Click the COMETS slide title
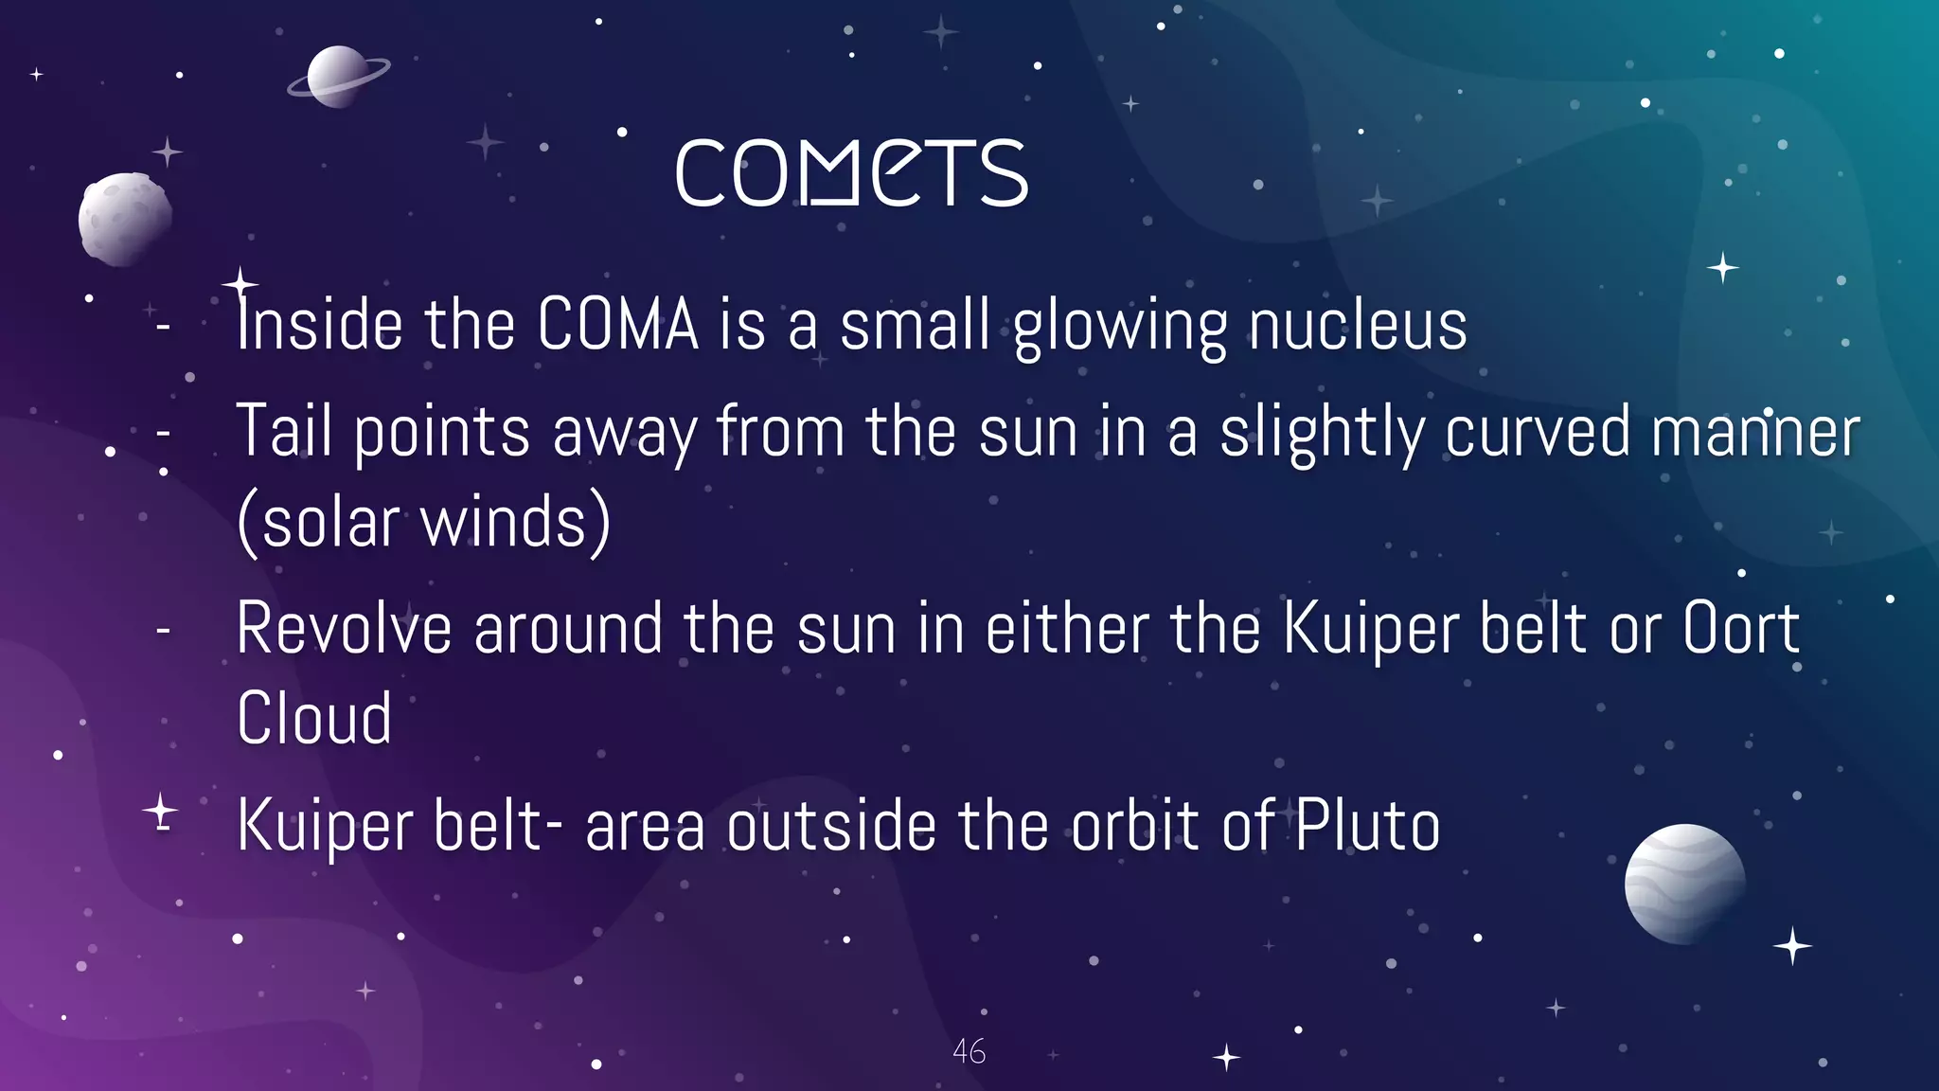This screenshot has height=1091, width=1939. [x=851, y=173]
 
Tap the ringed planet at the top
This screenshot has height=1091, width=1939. [x=337, y=77]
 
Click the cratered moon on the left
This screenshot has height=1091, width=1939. [x=124, y=219]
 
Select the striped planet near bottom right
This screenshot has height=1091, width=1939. [x=1684, y=884]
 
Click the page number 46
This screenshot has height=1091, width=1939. [x=969, y=1051]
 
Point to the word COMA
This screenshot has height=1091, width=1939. [x=617, y=325]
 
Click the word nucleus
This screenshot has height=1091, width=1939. [x=1358, y=325]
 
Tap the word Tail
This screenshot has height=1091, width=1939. [x=283, y=431]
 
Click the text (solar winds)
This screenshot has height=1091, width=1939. [x=423, y=523]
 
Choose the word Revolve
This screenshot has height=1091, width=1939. [x=344, y=629]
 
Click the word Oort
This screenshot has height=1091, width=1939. [x=1740, y=629]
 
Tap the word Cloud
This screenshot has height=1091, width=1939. [x=314, y=719]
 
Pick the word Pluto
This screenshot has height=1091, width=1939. [x=1367, y=826]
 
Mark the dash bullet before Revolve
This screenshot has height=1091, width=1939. [x=164, y=630]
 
